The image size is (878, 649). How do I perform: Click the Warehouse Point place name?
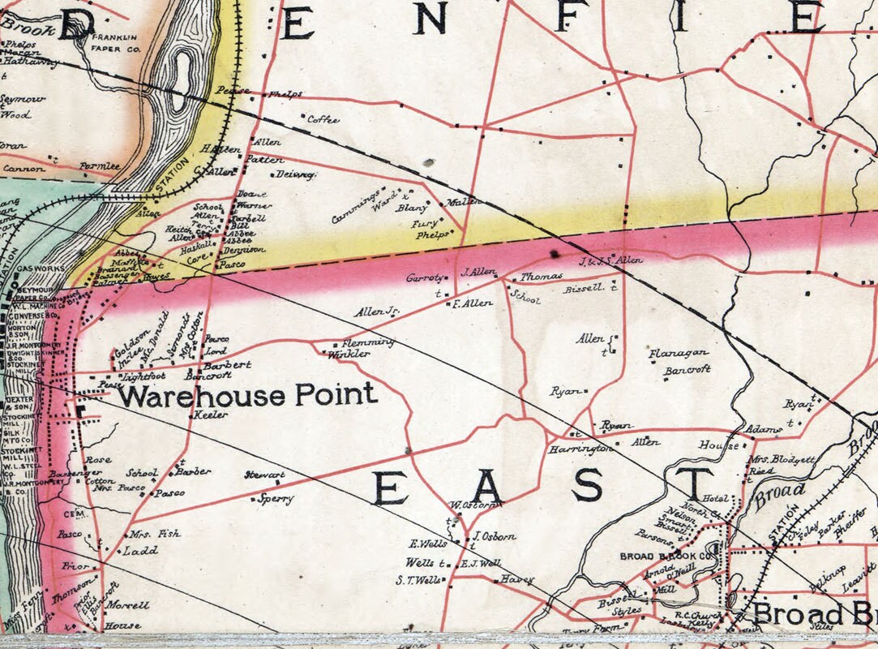pos(248,395)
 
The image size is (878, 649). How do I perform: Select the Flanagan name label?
pos(679,353)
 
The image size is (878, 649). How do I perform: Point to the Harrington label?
pos(580,449)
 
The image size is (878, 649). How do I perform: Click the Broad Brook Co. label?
pos(670,557)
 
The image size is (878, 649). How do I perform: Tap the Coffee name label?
pos(323,119)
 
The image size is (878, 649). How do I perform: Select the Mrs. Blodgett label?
pos(782,459)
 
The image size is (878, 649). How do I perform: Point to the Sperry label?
pos(272,500)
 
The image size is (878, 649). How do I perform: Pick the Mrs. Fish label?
pos(154,534)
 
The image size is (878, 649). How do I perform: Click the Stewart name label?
pos(265,475)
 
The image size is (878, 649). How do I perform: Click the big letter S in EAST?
pos(587,485)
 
